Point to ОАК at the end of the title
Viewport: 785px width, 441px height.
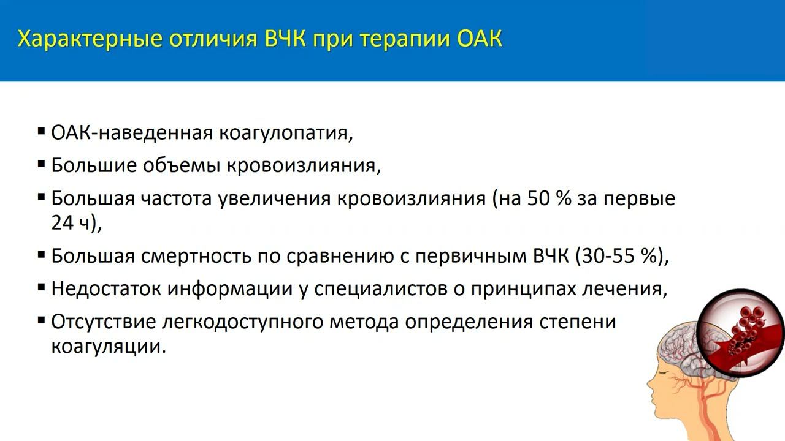tap(480, 39)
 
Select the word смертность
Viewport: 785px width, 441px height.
tap(196, 256)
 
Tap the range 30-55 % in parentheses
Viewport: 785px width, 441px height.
tap(619, 256)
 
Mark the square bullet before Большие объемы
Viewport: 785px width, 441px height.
tap(41, 164)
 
